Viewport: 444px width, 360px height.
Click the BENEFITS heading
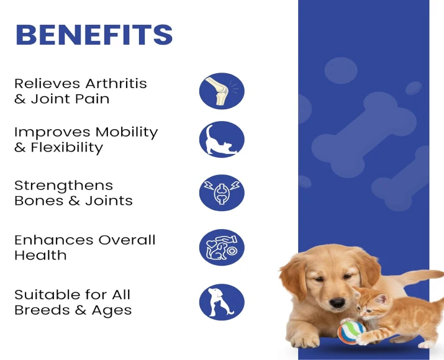(x=94, y=35)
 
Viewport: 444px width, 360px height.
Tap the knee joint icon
(x=222, y=91)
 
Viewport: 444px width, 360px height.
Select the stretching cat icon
(x=222, y=139)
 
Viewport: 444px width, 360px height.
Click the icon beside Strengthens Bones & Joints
(x=222, y=192)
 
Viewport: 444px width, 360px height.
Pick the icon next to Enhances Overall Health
(x=222, y=247)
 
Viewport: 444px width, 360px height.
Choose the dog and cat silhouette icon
(x=222, y=302)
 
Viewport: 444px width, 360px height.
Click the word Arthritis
(x=116, y=84)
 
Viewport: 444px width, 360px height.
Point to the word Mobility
(x=126, y=132)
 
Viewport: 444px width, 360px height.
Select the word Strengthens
(x=63, y=186)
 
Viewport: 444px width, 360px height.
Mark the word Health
(x=40, y=255)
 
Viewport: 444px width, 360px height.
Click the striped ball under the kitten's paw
(x=351, y=330)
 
